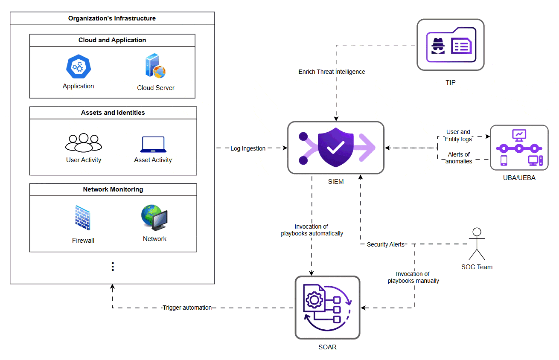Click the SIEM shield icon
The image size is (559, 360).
click(336, 148)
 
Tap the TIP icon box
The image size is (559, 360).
click(450, 45)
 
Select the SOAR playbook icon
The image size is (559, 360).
click(327, 308)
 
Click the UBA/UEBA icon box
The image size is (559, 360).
click(519, 148)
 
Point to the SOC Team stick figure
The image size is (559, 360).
click(477, 244)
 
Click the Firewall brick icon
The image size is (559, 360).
click(82, 218)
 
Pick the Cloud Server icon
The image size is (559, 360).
click(155, 67)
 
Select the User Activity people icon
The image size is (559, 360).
click(84, 142)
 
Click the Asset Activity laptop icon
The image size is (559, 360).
click(153, 145)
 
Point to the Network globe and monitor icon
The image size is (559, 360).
click(154, 218)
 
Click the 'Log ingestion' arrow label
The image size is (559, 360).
click(248, 148)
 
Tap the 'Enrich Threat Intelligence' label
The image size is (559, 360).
click(332, 72)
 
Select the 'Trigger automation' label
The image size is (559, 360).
click(187, 308)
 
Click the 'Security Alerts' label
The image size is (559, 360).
click(385, 244)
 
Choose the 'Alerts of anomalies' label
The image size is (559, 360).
click(459, 158)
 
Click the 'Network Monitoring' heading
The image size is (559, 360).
click(113, 189)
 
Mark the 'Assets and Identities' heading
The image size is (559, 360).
click(113, 113)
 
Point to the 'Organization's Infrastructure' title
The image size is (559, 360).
click(112, 18)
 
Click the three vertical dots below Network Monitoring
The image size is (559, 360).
click(113, 267)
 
